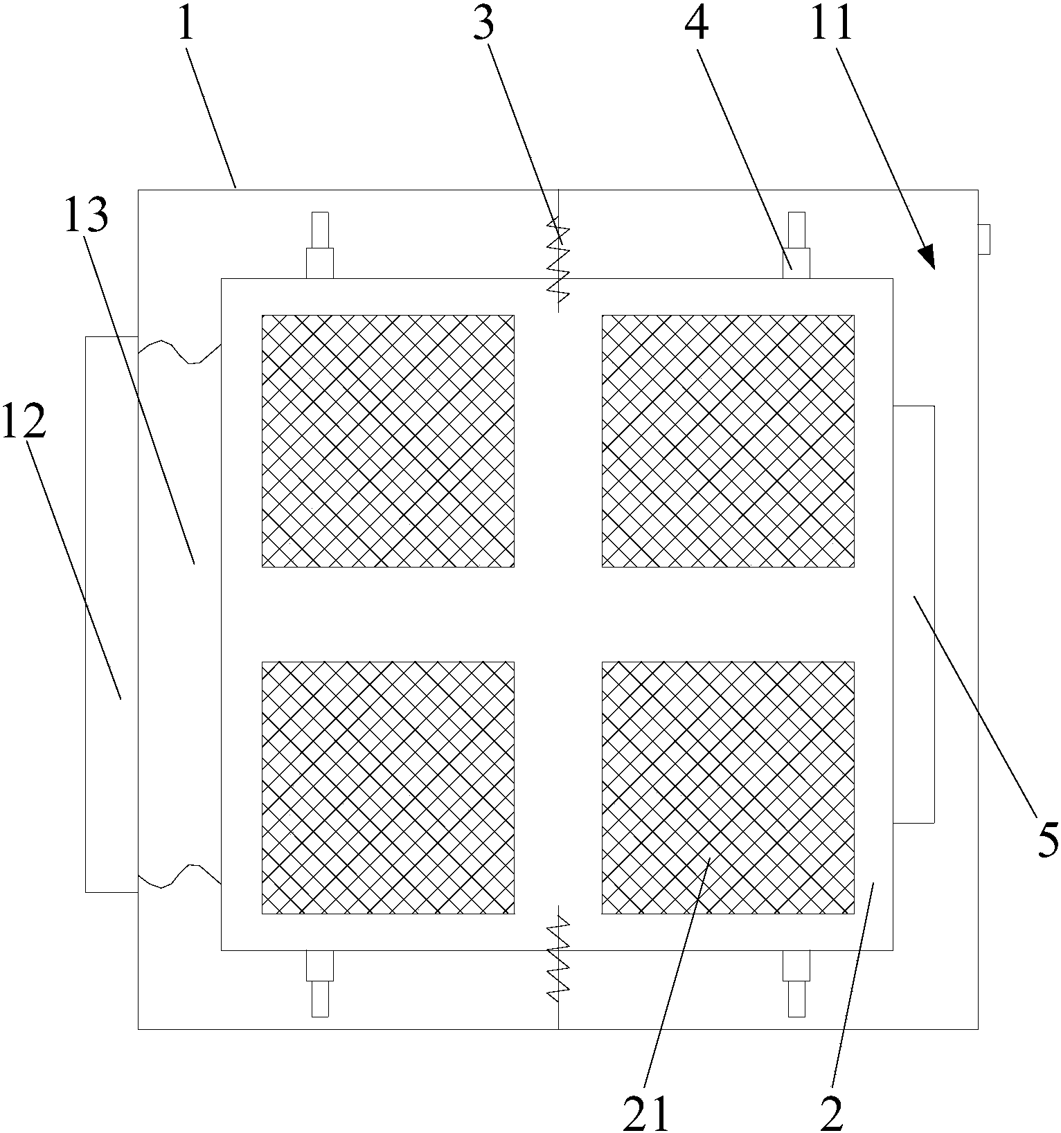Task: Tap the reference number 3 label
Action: (x=483, y=24)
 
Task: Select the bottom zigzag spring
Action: (x=558, y=959)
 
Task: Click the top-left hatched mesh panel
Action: (x=388, y=441)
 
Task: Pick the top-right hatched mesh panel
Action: (x=727, y=441)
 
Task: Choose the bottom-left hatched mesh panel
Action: (x=388, y=788)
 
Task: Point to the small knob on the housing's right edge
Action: (x=983, y=239)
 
